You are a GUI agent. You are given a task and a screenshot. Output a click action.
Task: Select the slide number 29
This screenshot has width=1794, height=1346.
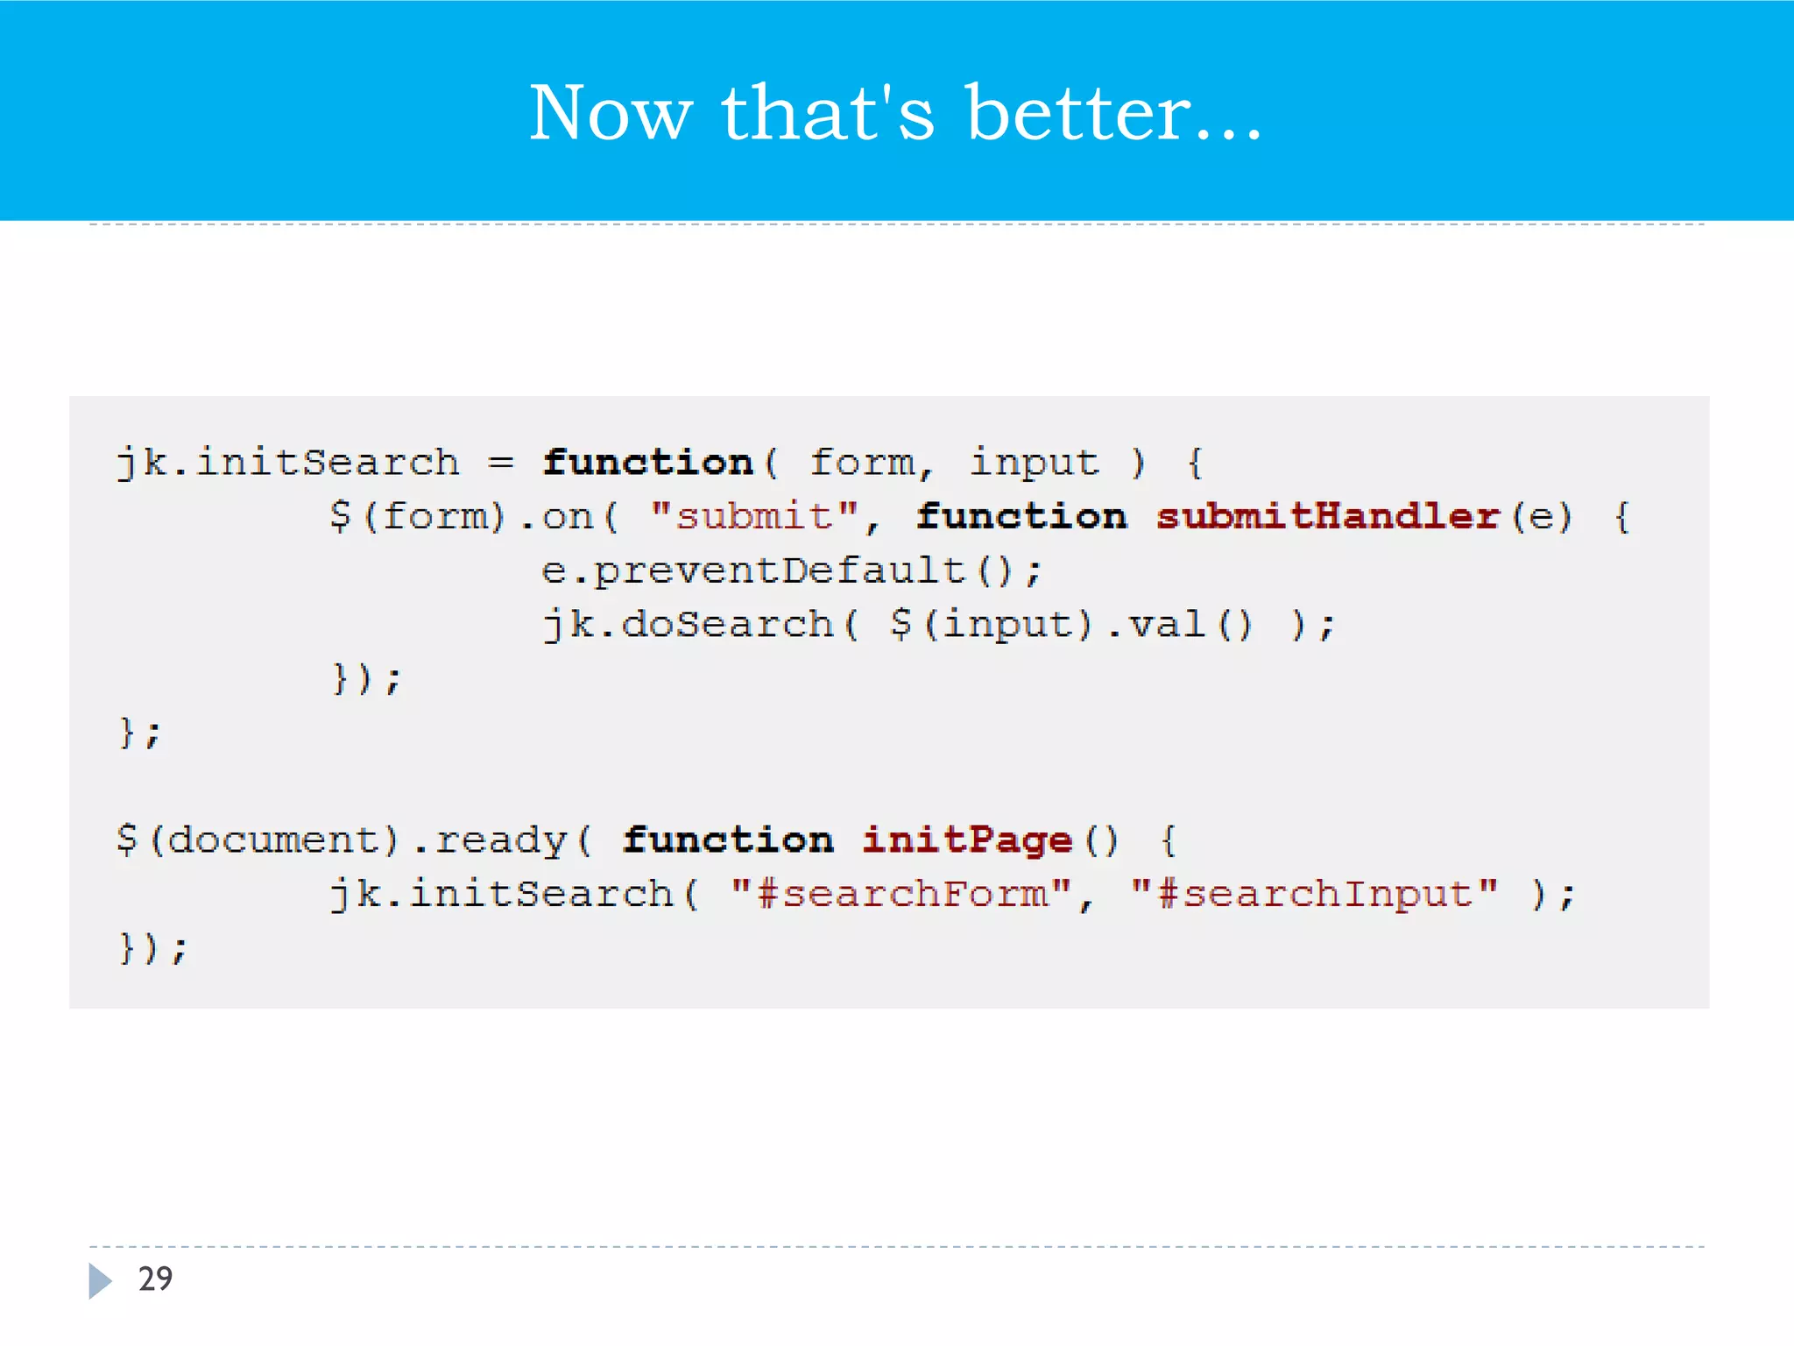coord(155,1279)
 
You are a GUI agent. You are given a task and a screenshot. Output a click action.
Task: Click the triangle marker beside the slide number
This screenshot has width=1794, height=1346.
coord(100,1280)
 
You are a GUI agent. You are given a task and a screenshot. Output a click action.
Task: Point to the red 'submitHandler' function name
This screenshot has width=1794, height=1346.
coord(1327,516)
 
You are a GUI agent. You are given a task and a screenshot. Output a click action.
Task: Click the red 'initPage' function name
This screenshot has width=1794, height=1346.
coord(967,840)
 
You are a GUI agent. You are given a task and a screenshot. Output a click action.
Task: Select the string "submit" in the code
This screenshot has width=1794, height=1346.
coord(754,516)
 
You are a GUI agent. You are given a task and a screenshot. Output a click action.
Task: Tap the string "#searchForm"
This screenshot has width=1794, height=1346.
coord(901,894)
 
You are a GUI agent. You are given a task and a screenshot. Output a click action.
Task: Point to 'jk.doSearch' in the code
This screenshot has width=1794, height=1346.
coord(688,625)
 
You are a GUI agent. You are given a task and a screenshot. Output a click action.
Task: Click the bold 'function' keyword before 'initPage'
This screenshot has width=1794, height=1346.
coord(728,840)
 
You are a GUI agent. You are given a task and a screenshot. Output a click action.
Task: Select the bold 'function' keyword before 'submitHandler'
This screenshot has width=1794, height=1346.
coord(1021,516)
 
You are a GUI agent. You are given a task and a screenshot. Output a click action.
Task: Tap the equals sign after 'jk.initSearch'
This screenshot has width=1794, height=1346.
coord(501,462)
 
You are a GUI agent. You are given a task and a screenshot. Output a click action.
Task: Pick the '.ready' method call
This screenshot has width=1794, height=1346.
coord(490,840)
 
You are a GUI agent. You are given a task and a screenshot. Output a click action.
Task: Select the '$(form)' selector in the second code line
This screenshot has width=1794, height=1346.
coord(417,516)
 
